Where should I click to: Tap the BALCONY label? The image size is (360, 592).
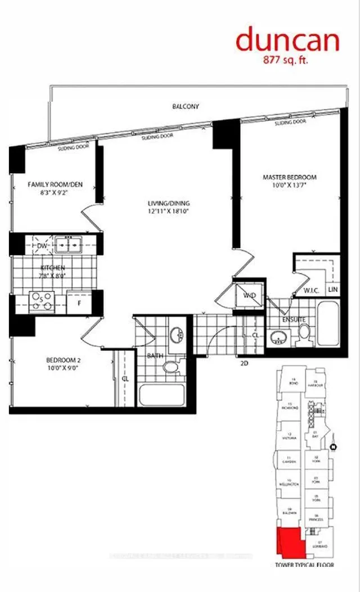point(186,106)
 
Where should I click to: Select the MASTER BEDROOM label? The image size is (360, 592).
point(290,178)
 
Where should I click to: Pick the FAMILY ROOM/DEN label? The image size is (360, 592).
point(52,184)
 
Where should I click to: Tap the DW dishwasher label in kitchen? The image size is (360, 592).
point(41,246)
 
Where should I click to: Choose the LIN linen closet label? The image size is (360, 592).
point(334,290)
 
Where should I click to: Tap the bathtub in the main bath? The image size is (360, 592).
point(163,395)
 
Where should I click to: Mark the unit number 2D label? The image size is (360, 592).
point(245,364)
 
